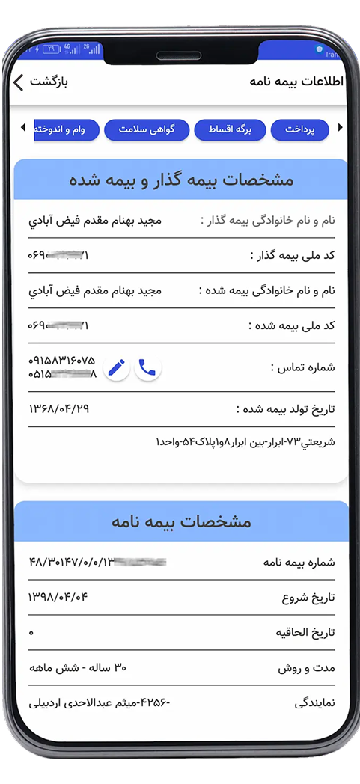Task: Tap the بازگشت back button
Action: point(41,82)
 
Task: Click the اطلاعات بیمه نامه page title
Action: point(296,82)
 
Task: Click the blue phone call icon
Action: point(147,367)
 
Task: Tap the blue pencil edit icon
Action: point(116,367)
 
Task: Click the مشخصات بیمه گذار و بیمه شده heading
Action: point(181,180)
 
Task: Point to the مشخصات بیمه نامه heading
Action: point(181,521)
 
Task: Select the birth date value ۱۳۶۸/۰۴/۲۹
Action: point(59,408)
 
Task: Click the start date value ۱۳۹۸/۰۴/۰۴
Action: point(59,597)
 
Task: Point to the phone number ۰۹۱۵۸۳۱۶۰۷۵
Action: point(62,361)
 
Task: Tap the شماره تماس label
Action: point(302,367)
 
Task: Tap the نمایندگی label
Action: point(315,702)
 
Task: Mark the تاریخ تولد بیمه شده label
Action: point(285,408)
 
